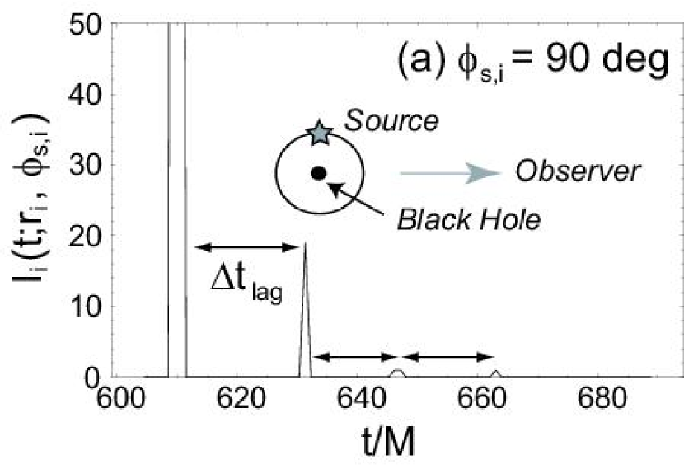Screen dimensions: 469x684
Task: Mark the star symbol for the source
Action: click(x=319, y=133)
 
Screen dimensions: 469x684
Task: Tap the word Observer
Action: click(x=578, y=172)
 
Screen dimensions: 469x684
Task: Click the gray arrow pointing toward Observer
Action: click(x=450, y=172)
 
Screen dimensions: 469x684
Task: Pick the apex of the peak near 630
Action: click(x=305, y=243)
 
